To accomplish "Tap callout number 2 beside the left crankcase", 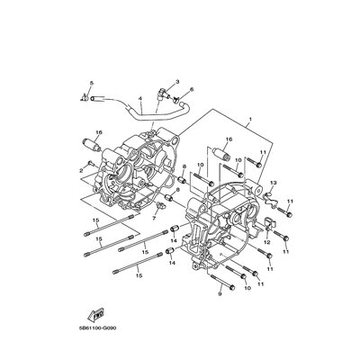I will coord(79,169).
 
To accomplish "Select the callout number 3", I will coord(178,82).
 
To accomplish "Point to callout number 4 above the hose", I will coord(139,98).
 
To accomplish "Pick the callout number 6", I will coord(192,91).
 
